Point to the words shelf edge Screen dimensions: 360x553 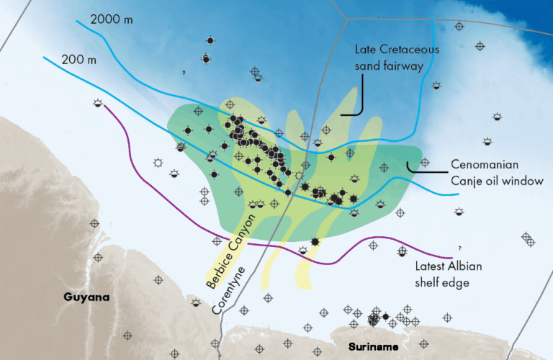pyautogui.click(x=443, y=283)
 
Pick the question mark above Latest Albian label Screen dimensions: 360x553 pyautogui.click(x=459, y=247)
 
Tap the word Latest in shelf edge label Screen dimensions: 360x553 pyautogui.click(x=431, y=266)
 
